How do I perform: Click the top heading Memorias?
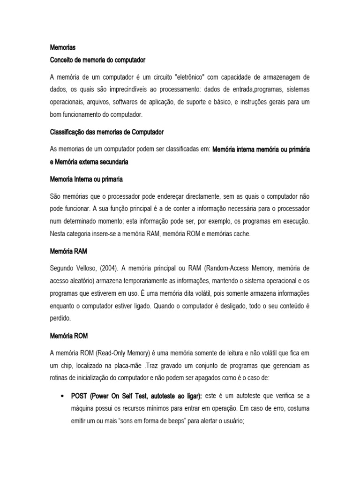[62, 47]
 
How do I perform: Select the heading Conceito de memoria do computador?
[97, 60]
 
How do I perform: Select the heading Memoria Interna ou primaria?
[87, 179]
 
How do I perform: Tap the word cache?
[241, 233]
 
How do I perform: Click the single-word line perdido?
[60, 318]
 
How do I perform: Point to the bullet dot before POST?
[62, 396]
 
